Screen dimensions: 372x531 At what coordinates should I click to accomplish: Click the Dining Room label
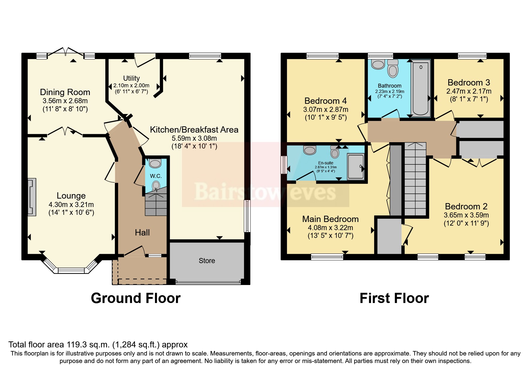65,92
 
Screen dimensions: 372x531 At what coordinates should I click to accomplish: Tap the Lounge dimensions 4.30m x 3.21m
71,205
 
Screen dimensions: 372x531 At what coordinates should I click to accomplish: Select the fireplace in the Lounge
32,197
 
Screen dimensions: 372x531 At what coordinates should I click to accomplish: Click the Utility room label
131,78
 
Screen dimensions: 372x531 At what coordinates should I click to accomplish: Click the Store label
207,261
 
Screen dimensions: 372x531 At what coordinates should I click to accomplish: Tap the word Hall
142,232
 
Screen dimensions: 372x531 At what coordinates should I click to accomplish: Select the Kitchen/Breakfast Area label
194,130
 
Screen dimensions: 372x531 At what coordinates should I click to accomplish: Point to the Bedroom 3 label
469,82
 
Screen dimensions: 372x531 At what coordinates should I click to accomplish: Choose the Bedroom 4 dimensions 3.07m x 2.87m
326,109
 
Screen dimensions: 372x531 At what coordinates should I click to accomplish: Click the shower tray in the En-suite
356,167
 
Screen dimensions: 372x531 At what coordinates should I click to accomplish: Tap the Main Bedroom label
330,219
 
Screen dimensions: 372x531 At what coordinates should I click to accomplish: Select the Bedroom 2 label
466,206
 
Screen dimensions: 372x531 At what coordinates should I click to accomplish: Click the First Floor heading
394,298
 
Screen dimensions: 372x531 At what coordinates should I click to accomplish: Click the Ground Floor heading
136,298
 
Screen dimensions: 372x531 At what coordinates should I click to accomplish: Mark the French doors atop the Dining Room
66,52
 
